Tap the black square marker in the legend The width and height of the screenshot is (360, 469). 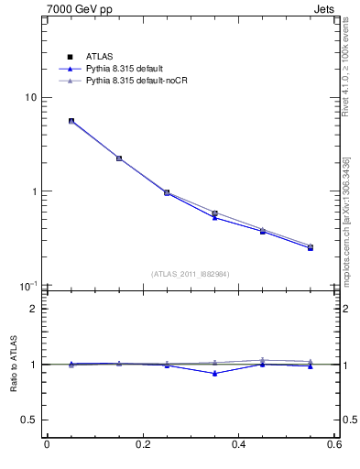point(70,57)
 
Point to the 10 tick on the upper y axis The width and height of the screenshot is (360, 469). point(28,98)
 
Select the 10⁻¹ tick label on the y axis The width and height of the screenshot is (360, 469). point(27,286)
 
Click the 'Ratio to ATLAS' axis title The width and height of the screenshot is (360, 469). point(10,364)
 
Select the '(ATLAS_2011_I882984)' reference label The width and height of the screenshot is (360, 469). point(191,274)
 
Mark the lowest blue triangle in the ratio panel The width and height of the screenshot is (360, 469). point(214,373)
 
